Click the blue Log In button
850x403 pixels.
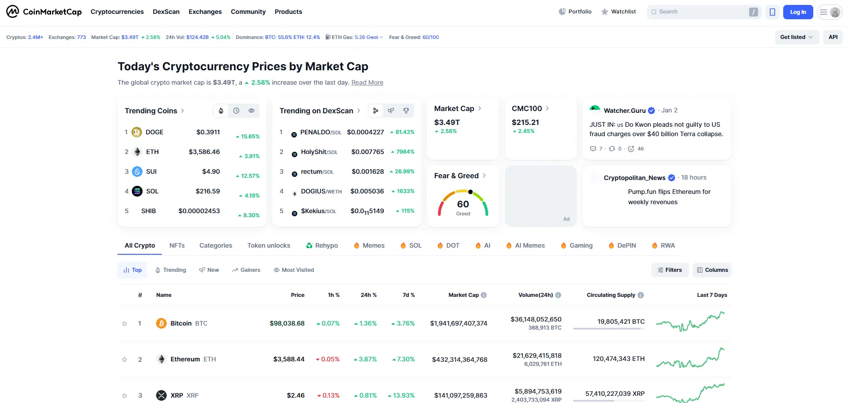[x=798, y=12]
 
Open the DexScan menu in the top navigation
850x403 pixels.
[x=166, y=12]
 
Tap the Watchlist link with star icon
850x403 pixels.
[x=619, y=12]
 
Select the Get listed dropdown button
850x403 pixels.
[x=797, y=37]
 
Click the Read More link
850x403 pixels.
[x=367, y=82]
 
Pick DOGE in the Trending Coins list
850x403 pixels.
[x=155, y=132]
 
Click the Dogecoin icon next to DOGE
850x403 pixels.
[x=137, y=132]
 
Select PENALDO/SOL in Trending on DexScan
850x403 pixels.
[x=321, y=132]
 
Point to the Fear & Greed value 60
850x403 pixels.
[x=463, y=204]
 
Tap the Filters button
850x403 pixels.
[x=670, y=270]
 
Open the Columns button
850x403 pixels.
[x=712, y=270]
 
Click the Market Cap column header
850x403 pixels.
[x=464, y=295]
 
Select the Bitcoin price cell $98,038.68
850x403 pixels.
[x=287, y=323]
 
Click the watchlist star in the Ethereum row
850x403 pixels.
[x=125, y=360]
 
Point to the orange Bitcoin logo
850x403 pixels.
[x=161, y=323]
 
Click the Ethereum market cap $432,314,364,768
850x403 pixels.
[x=460, y=360]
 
